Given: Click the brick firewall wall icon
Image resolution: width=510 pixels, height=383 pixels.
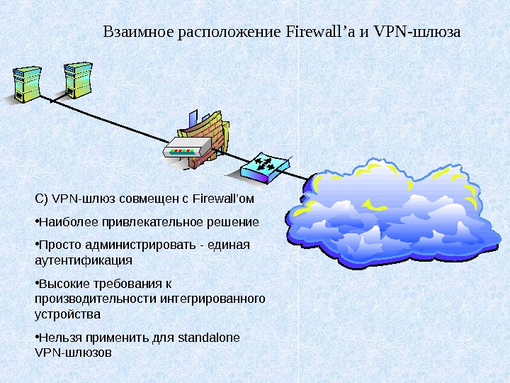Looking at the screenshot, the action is point(205,135).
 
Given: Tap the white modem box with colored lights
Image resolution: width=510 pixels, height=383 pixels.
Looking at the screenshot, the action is point(186,150).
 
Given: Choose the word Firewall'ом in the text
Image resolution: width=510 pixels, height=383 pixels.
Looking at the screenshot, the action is point(223,198).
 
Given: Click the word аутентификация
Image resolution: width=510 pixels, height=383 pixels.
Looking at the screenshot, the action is point(78,260).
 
